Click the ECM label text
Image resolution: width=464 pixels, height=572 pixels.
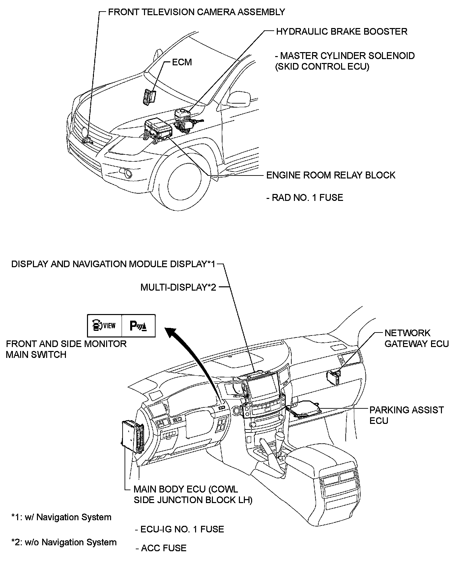[x=182, y=62]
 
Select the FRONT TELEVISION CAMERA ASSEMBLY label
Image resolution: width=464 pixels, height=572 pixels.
[x=196, y=12]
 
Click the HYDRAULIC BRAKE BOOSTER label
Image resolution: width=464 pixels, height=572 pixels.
[x=341, y=32]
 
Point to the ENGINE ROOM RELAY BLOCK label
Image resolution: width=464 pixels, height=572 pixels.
[x=331, y=175]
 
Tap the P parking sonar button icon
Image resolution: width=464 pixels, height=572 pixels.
[x=138, y=326]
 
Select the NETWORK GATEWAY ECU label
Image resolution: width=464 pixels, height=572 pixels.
[x=417, y=338]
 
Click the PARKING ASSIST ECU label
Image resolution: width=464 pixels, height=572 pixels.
[x=406, y=415]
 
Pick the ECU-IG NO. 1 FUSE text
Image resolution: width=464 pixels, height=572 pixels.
[x=179, y=529]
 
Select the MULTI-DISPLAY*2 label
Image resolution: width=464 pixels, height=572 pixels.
[x=178, y=287]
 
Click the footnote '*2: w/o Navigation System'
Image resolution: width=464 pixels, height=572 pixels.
[x=64, y=542]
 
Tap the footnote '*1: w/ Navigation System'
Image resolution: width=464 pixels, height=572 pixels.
[x=61, y=517]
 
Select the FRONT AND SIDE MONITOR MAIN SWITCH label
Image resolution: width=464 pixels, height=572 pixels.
[x=66, y=349]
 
